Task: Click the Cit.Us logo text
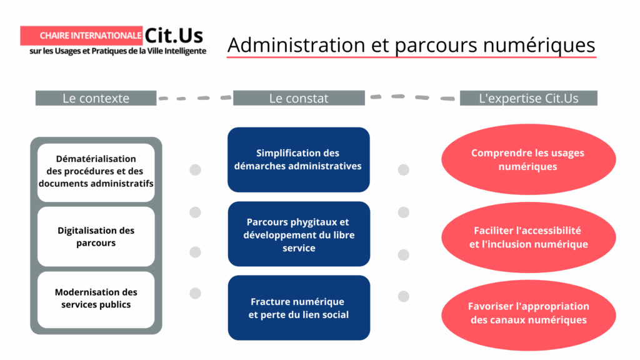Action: click(x=174, y=35)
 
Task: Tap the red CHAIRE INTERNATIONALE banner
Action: click(x=81, y=36)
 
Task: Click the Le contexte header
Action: click(x=96, y=98)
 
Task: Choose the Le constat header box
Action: click(x=299, y=98)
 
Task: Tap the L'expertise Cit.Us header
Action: click(x=528, y=98)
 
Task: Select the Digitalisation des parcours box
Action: click(x=96, y=237)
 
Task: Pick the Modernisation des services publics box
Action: click(x=96, y=299)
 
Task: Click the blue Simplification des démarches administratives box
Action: click(x=298, y=159)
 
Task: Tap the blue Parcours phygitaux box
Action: click(x=298, y=234)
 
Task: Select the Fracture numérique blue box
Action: click(x=298, y=308)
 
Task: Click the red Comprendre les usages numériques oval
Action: click(x=528, y=159)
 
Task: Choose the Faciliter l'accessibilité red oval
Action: click(x=528, y=237)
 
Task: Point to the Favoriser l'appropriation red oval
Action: click(x=528, y=313)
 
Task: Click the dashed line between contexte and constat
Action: click(x=194, y=97)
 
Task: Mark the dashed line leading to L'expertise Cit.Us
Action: click(x=412, y=97)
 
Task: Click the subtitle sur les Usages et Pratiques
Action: click(x=118, y=51)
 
